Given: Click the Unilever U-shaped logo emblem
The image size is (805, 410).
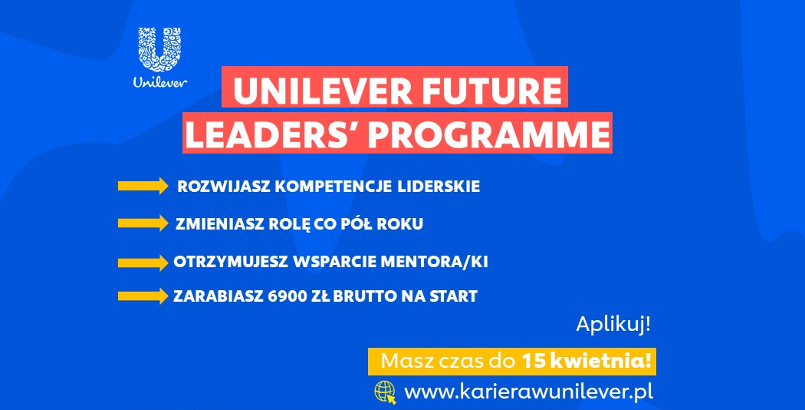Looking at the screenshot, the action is [x=159, y=50].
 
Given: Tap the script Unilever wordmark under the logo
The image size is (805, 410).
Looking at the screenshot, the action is [x=160, y=82].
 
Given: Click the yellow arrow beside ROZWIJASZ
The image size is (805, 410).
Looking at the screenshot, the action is [x=143, y=186].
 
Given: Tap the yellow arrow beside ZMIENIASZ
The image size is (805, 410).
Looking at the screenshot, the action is [x=143, y=223].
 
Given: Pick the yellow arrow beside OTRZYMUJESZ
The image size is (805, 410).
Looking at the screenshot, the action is [x=143, y=263].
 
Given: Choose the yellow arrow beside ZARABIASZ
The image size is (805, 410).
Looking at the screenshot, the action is [x=143, y=296].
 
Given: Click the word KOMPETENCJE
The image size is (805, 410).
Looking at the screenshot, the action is [x=334, y=187].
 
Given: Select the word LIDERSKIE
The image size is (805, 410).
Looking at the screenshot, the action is [x=439, y=187].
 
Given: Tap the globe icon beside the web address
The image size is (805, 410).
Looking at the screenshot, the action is [x=385, y=392].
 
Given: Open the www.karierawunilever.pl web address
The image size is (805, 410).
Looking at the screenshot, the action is [x=529, y=392].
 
